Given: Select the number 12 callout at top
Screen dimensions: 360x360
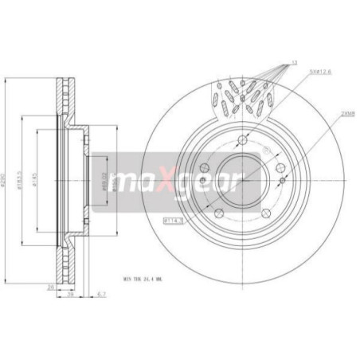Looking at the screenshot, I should click(x=295, y=62).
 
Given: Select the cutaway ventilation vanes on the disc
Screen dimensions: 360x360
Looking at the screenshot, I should click(x=244, y=100).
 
